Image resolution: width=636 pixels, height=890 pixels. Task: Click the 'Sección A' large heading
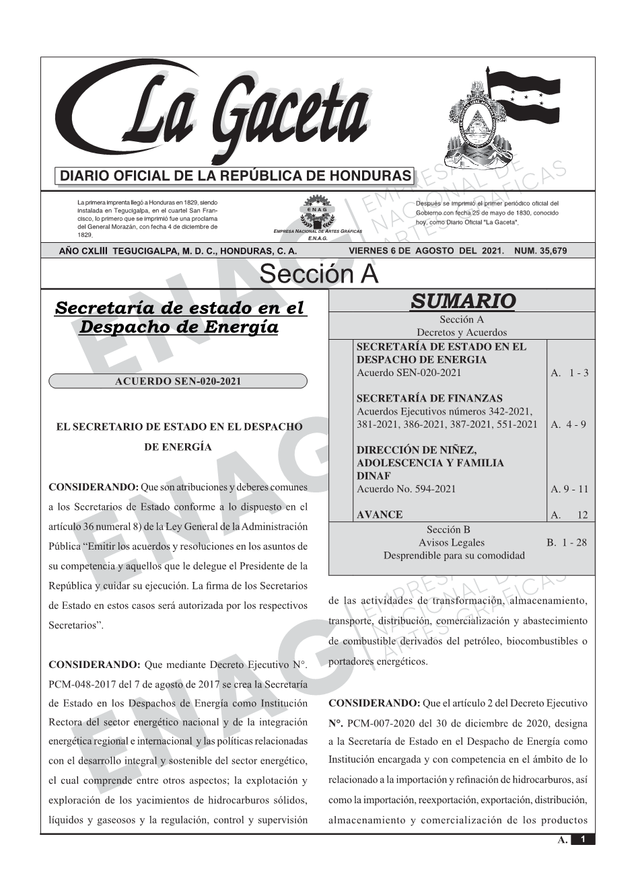point(318,274)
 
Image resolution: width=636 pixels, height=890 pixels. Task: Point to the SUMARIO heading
point(462,301)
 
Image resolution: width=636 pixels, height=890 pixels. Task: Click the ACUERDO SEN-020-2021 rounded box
point(178,381)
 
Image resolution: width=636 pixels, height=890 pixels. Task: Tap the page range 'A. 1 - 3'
point(569,373)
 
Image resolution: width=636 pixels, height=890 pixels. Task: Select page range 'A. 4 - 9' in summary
point(568,424)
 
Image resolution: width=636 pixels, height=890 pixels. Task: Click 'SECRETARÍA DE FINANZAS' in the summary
point(429,398)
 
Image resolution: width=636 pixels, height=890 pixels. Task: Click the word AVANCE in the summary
point(380,515)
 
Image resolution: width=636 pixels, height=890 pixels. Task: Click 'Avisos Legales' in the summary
point(452,542)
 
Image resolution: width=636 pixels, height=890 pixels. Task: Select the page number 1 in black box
point(583,840)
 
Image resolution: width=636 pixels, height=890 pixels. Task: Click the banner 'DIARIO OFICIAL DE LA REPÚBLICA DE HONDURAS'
point(236,176)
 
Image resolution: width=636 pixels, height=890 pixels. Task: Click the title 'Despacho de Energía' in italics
point(178,328)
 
